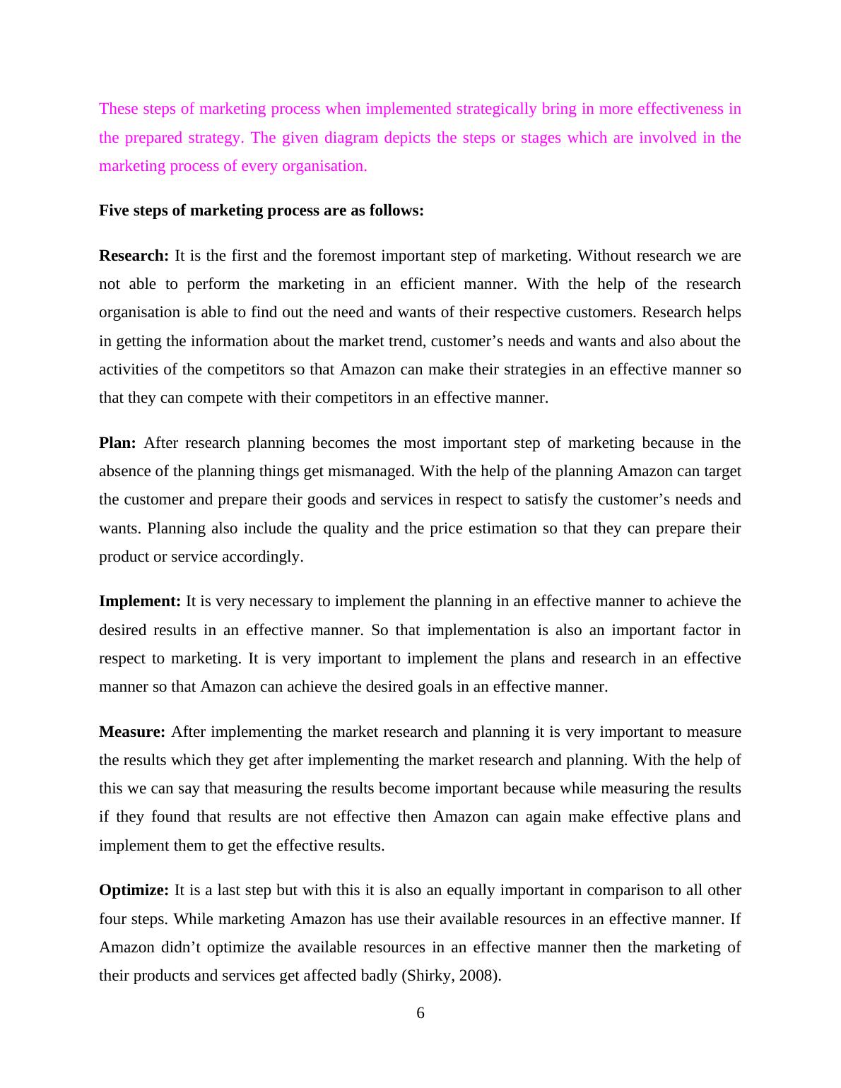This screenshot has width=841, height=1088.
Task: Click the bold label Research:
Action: [134, 256]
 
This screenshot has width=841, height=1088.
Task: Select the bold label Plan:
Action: [117, 443]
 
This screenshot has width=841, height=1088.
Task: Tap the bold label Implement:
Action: [140, 601]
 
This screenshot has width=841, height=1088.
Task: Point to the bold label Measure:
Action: [132, 732]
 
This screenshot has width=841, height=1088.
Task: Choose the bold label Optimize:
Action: [134, 890]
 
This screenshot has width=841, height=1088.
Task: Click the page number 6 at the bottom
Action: [420, 1013]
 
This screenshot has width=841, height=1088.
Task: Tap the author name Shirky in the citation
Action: [428, 976]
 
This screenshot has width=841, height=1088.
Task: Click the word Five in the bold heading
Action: [114, 211]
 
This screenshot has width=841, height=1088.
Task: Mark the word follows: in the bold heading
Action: [396, 211]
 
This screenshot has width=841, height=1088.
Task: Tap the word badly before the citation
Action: [377, 976]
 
